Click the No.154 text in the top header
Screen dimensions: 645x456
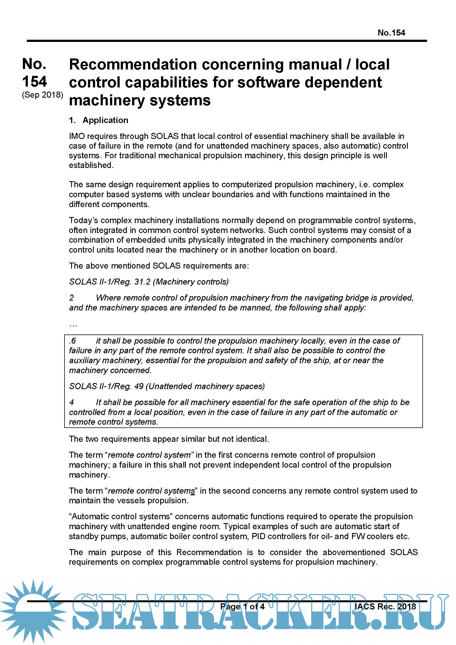pos(391,33)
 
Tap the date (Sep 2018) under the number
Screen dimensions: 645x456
pos(42,95)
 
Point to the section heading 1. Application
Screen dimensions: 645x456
pos(98,120)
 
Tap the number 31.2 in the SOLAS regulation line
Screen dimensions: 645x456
pos(142,282)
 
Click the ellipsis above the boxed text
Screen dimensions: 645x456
pos(73,325)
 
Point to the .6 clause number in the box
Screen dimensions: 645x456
pos(73,341)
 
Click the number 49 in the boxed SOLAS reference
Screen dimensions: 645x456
pos(139,386)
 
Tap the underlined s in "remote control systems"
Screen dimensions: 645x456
pos(193,491)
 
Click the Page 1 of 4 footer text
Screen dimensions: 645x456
pos(242,606)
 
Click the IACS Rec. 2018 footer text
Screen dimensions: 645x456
pos(385,606)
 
